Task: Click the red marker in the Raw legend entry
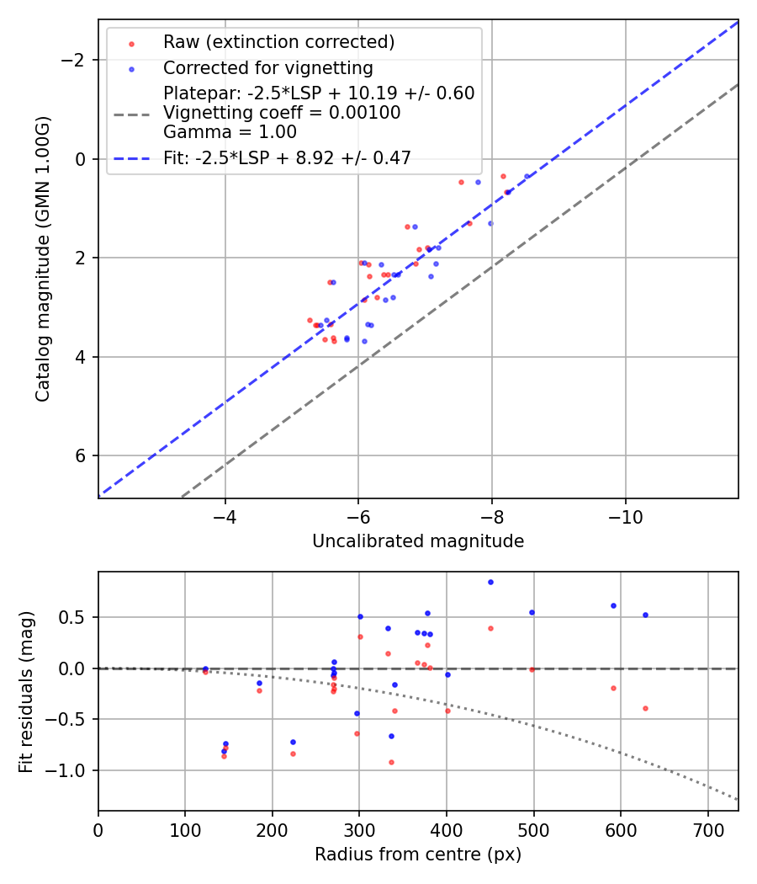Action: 130,43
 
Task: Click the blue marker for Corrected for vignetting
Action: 130,68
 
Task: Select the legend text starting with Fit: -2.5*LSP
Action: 287,158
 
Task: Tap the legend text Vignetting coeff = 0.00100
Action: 282,113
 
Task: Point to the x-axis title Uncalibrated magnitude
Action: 418,541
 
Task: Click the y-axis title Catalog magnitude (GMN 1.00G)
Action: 43,258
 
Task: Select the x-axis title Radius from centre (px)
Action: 418,855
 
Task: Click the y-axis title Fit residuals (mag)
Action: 26,691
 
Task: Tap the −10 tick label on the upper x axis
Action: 625,517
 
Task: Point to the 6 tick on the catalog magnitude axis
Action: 82,455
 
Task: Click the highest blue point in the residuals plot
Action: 490,582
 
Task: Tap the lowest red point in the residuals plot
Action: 391,762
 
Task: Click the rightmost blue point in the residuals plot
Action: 645,615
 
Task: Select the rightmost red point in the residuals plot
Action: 645,708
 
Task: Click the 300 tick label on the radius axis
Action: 359,829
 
